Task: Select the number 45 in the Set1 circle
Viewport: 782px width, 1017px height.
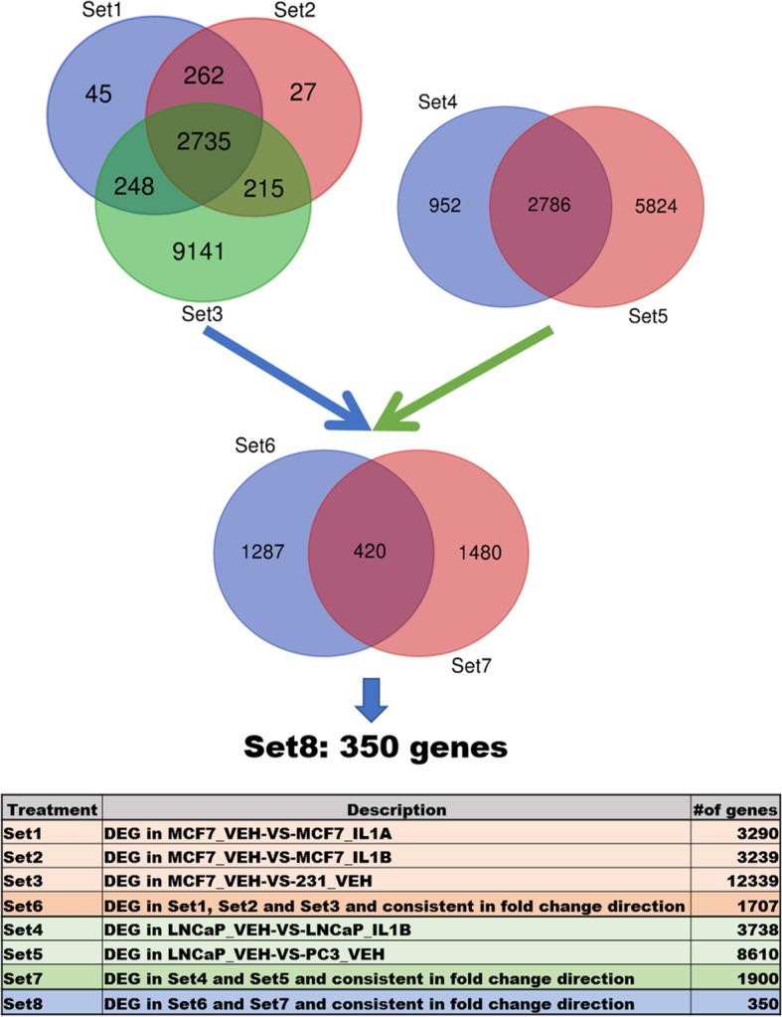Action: click(98, 94)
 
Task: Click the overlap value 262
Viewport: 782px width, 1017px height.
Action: click(205, 77)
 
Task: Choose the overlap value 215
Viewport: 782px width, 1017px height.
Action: click(262, 186)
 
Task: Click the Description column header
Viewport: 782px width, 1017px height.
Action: click(396, 810)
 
